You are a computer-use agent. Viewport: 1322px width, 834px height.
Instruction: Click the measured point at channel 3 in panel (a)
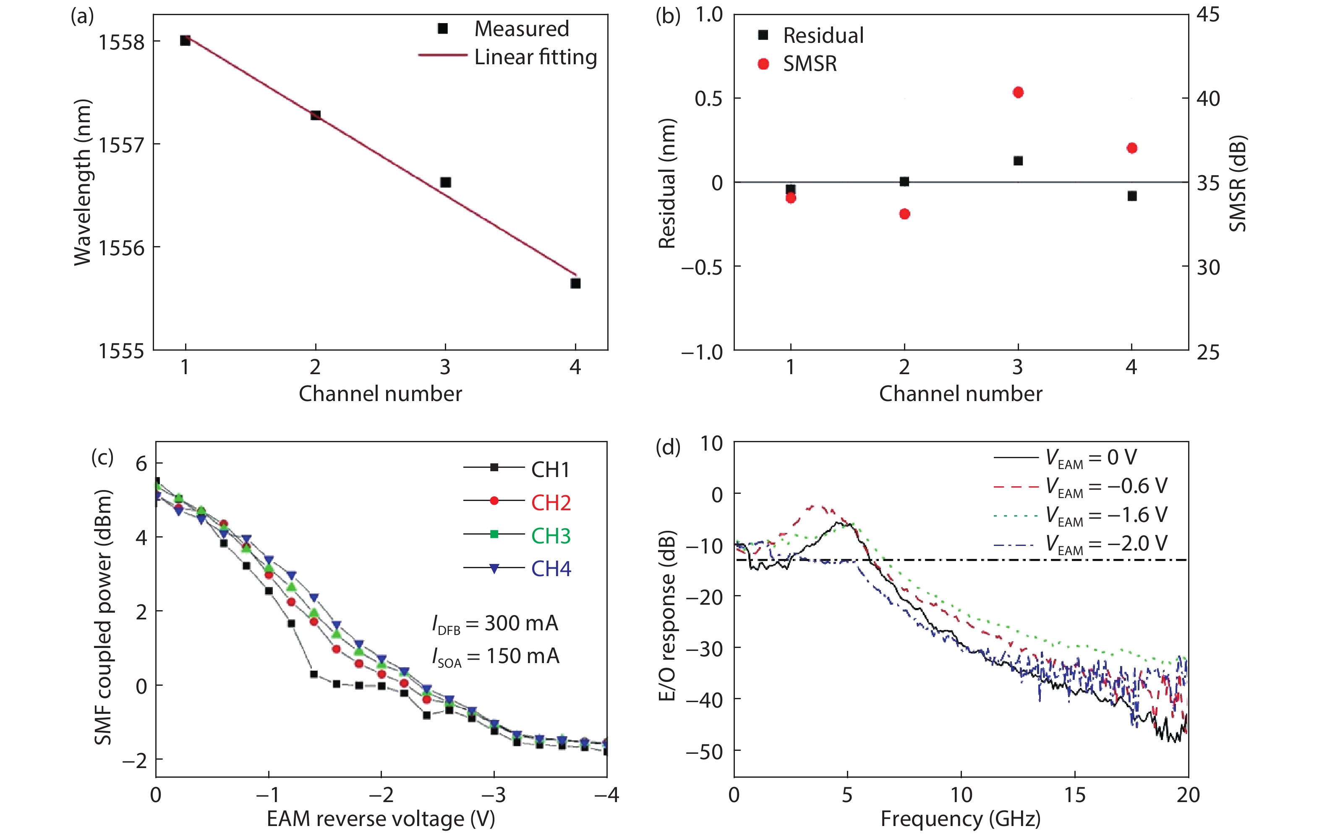click(445, 182)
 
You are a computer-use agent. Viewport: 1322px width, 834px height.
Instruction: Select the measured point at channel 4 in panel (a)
click(575, 283)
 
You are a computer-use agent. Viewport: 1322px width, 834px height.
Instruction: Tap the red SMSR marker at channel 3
click(1018, 92)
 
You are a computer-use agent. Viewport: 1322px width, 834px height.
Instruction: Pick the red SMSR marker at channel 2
click(904, 214)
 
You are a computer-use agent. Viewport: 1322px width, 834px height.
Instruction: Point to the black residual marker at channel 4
click(1131, 196)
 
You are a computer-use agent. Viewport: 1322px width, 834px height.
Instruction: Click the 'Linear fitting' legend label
click(535, 57)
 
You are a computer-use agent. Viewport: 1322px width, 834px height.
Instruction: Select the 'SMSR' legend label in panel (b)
click(810, 64)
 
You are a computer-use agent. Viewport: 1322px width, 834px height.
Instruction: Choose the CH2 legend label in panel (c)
click(551, 502)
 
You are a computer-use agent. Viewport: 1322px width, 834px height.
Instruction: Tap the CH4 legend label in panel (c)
click(551, 569)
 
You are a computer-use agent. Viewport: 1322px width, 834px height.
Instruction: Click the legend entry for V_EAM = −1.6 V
click(1106, 515)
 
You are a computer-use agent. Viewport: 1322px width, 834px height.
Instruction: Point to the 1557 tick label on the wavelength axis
click(121, 145)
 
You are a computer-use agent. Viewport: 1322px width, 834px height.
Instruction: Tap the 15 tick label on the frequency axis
click(1074, 795)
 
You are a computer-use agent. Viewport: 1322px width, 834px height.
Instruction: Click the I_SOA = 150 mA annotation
click(495, 656)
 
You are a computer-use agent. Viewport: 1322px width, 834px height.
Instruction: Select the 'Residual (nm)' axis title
click(666, 184)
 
